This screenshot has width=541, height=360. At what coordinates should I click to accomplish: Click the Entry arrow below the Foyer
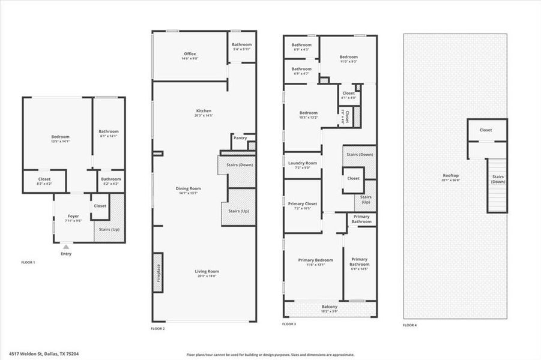[66, 246]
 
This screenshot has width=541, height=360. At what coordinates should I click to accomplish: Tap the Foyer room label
[73, 216]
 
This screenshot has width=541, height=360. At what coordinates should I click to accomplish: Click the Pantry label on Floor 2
[240, 137]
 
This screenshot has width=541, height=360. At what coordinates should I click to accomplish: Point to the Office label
[189, 54]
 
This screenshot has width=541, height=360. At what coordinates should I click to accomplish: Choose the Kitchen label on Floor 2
[204, 111]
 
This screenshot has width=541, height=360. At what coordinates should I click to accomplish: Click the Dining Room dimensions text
[188, 193]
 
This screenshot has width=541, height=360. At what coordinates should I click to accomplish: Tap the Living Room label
[206, 271]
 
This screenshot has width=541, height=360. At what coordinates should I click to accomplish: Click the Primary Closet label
[302, 204]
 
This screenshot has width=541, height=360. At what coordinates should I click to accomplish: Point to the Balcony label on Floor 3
[330, 307]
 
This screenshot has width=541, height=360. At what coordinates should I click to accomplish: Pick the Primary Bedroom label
[315, 260]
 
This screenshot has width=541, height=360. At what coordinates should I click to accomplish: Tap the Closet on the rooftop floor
[486, 130]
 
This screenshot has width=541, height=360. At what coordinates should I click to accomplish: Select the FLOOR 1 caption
[28, 262]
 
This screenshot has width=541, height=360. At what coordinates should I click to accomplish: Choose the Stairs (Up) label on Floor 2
[240, 211]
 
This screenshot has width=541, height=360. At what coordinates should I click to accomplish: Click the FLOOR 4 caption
[410, 325]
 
